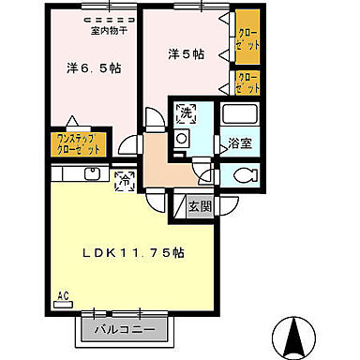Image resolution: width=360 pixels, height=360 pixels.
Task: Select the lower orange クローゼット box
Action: click(x=247, y=83)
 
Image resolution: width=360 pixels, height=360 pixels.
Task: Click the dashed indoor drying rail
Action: click(x=109, y=18)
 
